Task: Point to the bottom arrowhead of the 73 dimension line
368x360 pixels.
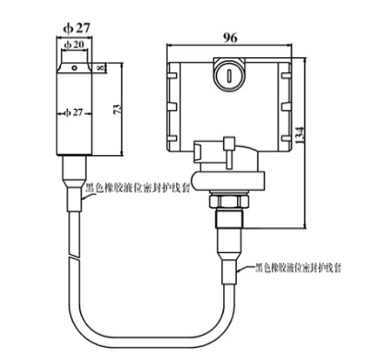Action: click(x=119, y=153)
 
